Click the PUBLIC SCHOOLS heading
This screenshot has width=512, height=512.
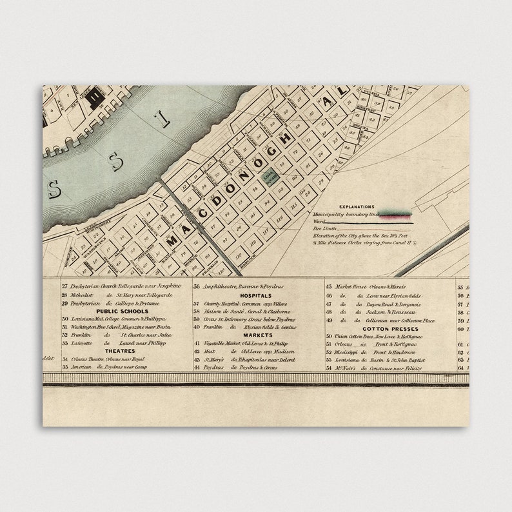pyautogui.click(x=122, y=311)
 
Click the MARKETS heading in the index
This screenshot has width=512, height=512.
pyautogui.click(x=258, y=335)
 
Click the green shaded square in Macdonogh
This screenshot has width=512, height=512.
pyautogui.click(x=269, y=177)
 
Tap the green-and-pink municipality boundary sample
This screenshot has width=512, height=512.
pyautogui.click(x=396, y=213)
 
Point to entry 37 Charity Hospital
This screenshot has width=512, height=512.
pyautogui.click(x=251, y=303)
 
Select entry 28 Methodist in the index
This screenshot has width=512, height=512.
pyautogui.click(x=116, y=295)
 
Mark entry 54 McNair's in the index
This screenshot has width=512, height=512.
pyautogui.click(x=374, y=368)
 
